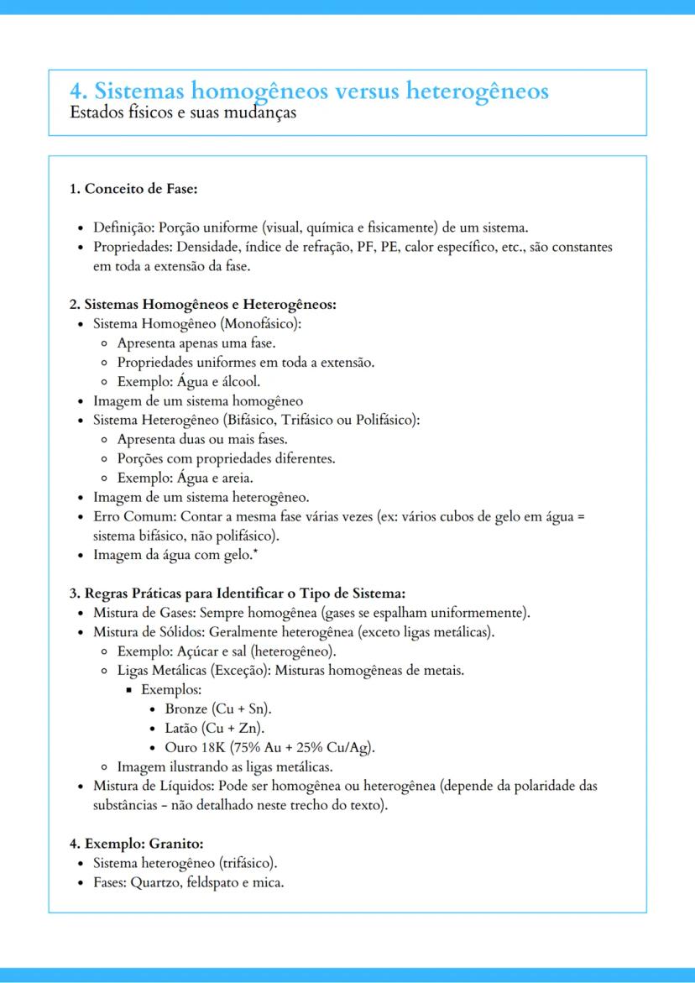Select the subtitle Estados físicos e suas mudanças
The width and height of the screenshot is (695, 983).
183,111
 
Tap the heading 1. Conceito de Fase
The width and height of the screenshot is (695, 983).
133,188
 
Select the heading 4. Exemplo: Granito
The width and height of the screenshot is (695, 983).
136,843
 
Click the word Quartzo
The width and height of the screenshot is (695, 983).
155,881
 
